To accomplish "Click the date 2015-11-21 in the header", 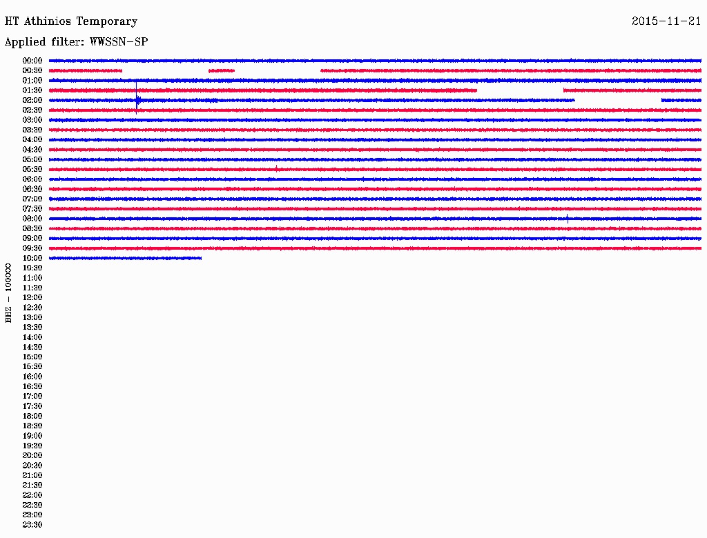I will (666, 21).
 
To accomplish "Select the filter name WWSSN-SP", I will (119, 42).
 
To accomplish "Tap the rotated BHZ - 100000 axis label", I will (9, 292).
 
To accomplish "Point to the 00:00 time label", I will (32, 61).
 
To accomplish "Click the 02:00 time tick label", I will (32, 100).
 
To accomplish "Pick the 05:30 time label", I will (32, 169).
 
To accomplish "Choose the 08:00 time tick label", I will (32, 219).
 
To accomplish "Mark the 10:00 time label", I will (32, 258).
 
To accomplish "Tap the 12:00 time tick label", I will (32, 297).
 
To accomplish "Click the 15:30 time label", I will (32, 366).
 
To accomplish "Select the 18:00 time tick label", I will (32, 416).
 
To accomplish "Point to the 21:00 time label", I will (32, 475).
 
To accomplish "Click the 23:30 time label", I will (32, 524).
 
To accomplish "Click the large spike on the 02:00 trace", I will (137, 100).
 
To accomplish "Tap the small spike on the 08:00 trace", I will (568, 219).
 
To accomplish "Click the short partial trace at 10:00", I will (125, 258).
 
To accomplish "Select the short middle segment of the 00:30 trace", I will (222, 70).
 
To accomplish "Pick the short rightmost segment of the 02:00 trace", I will (681, 100).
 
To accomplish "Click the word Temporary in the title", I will (107, 21).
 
